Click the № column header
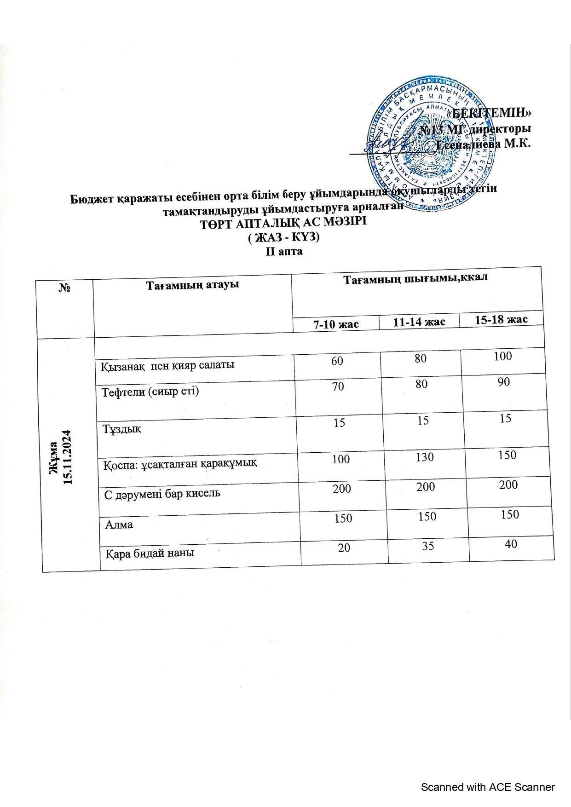(x=65, y=288)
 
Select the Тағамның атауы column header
(x=192, y=285)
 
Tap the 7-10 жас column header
(x=336, y=324)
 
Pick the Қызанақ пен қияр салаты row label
(x=167, y=365)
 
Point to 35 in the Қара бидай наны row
(x=428, y=546)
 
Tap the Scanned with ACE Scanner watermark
(x=488, y=787)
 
